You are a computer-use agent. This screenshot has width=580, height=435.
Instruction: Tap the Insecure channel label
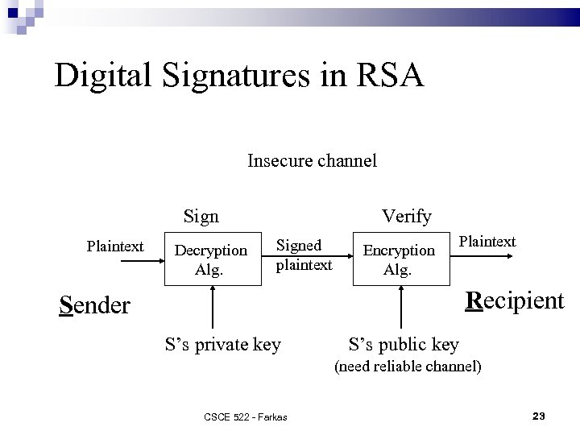312,160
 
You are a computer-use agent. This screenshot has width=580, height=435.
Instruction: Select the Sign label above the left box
201,216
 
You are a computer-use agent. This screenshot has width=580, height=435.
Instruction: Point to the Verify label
407,216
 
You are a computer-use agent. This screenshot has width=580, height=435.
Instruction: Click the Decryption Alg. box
211,260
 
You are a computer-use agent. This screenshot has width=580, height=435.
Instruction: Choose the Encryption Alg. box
398,259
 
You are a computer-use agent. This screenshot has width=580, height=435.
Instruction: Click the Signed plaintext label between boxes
304,255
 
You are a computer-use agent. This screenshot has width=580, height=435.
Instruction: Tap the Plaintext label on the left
115,246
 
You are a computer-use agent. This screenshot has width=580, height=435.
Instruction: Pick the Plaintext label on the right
487,241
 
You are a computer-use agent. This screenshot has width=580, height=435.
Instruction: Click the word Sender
95,305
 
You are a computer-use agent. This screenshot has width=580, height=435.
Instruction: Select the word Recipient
516,300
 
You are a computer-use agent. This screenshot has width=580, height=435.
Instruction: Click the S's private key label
222,345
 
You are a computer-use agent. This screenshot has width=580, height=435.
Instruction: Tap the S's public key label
404,345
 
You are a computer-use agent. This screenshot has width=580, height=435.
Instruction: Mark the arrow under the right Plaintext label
485,256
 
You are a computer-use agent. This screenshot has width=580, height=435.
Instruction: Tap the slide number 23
539,416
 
